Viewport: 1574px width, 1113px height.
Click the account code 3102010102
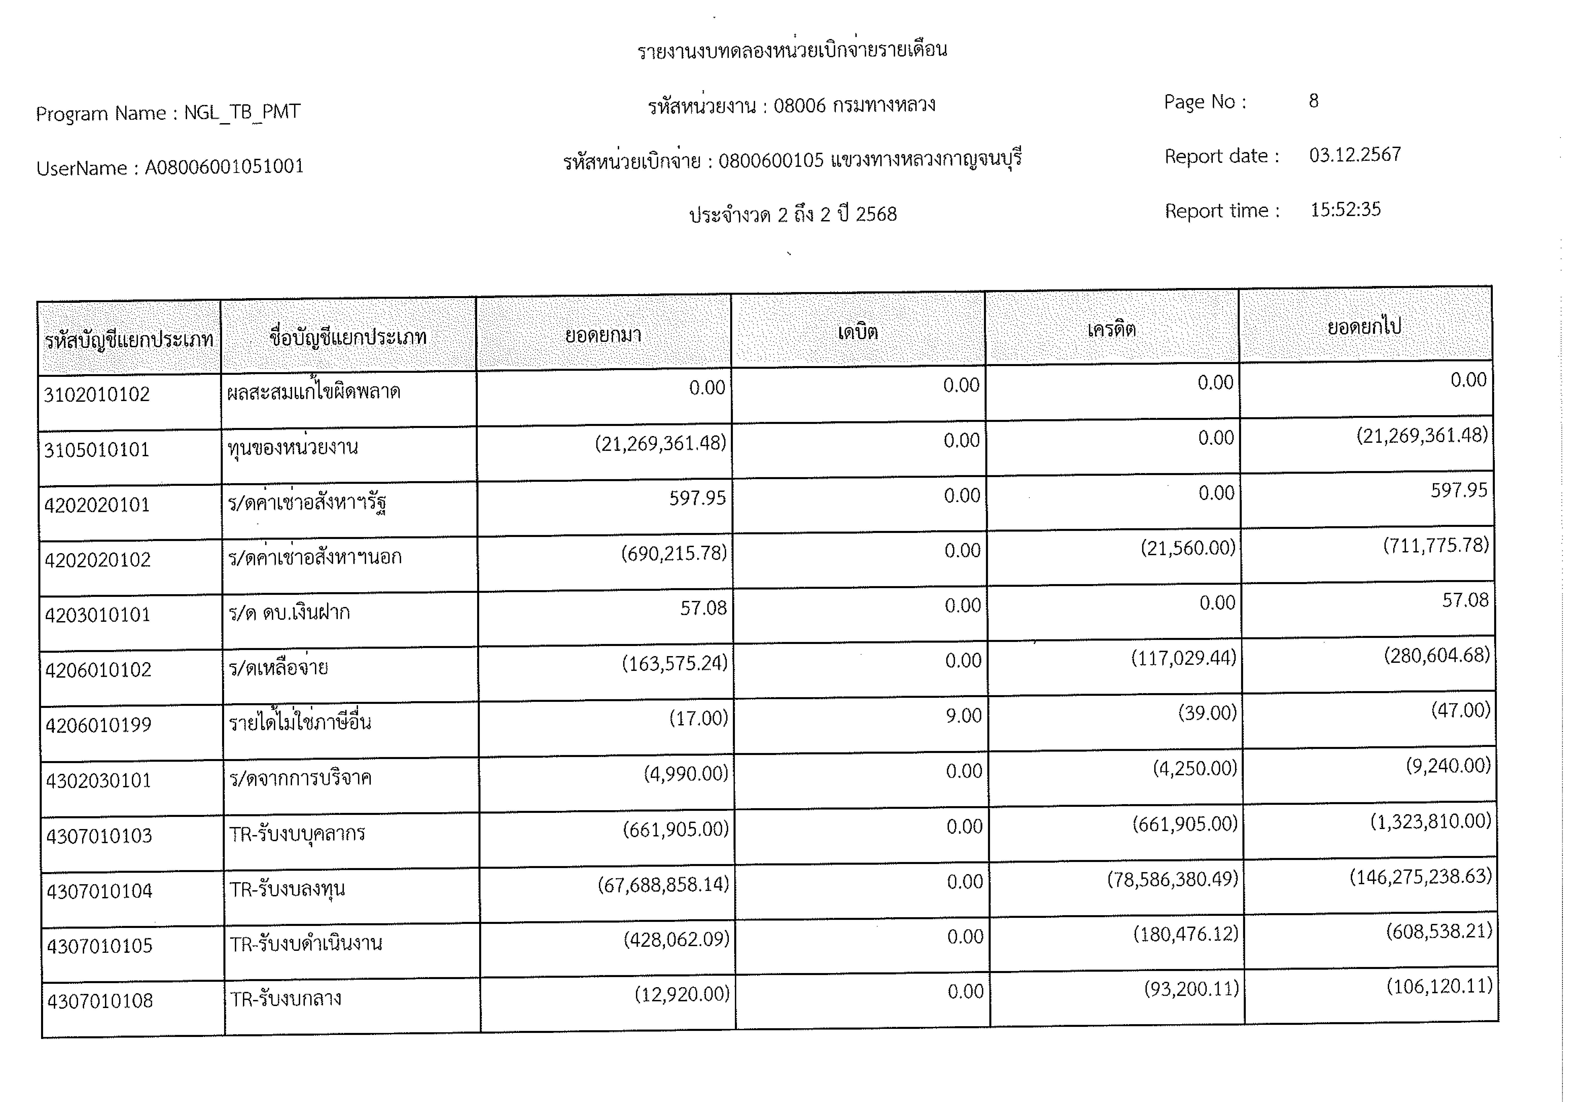click(x=97, y=395)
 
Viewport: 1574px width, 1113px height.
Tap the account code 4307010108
click(x=100, y=1001)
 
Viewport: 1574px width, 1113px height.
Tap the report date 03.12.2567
click(x=1355, y=155)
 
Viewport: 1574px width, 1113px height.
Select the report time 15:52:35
click(x=1345, y=210)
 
